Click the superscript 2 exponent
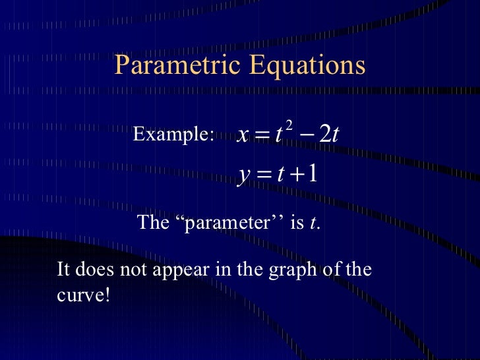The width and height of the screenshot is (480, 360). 289,125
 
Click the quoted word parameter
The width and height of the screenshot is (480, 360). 229,223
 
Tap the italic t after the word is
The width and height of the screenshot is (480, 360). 311,224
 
